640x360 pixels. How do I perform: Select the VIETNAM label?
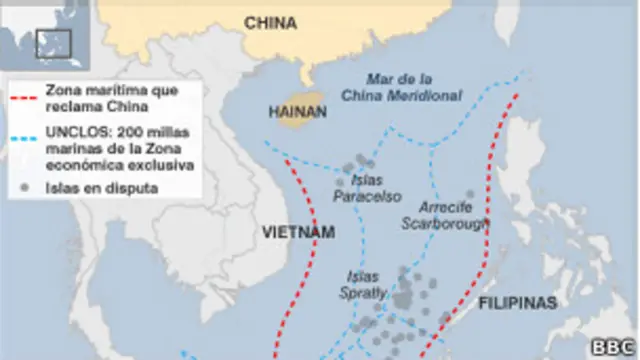point(297,232)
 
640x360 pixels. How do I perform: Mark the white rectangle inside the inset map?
point(52,43)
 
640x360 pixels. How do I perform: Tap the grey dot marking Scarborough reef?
point(470,195)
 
